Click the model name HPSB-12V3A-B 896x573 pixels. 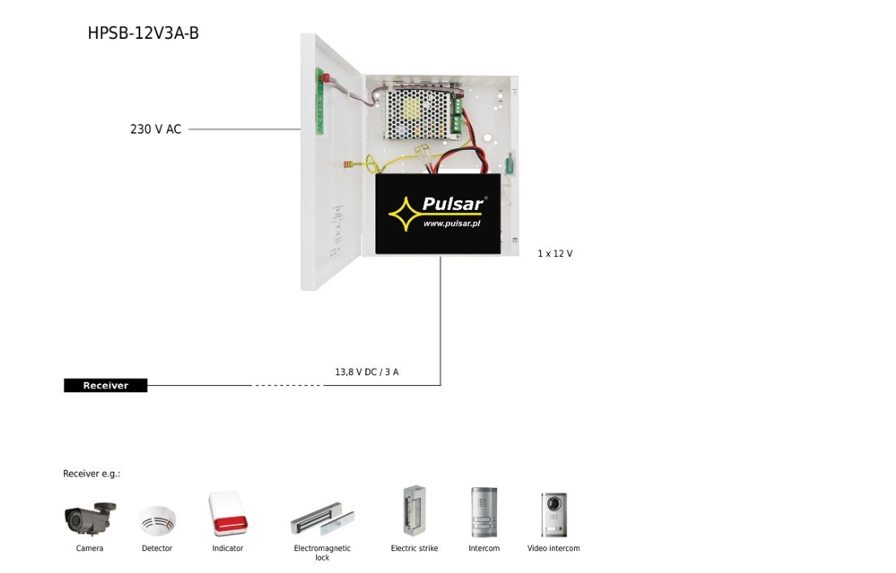[144, 33]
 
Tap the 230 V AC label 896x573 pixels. [156, 129]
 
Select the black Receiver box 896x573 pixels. [105, 386]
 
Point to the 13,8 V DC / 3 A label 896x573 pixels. [367, 372]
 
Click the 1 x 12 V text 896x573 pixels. [555, 254]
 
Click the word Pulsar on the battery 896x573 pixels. [452, 204]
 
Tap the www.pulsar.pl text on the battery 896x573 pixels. [452, 223]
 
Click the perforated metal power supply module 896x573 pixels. [417, 113]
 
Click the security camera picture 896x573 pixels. [90, 518]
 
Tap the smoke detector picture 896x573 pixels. [157, 520]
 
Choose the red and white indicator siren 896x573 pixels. [226, 514]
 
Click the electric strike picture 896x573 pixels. [414, 511]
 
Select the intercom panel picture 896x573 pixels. [484, 513]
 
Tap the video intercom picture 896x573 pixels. [554, 514]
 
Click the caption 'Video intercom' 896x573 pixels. [554, 549]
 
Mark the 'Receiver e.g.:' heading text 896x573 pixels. [92, 474]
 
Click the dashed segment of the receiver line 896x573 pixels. [288, 385]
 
